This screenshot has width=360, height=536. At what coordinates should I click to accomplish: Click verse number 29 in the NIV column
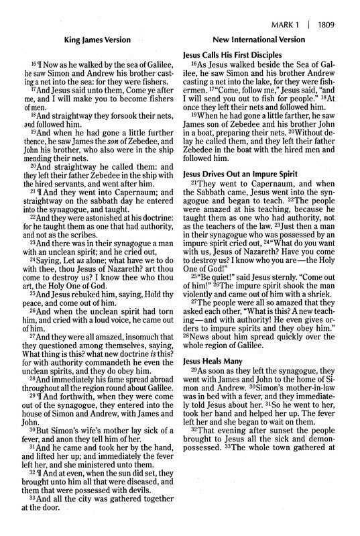196,372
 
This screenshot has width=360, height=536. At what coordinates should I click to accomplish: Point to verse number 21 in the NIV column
196,185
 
